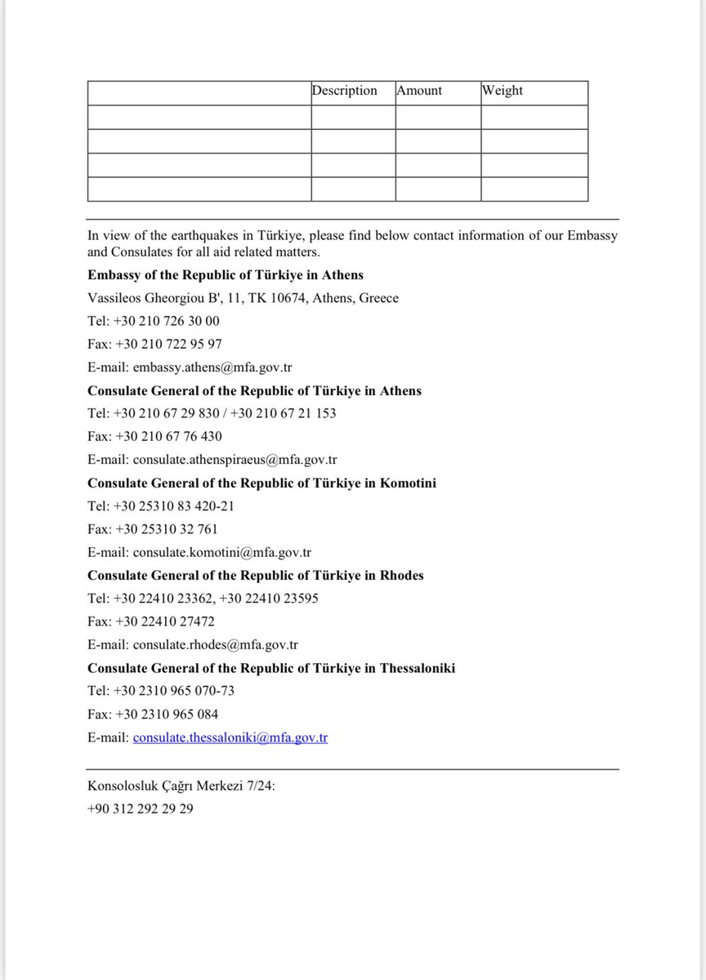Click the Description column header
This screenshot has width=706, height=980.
tap(344, 91)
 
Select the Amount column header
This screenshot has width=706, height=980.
tap(419, 91)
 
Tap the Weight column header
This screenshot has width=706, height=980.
tap(502, 91)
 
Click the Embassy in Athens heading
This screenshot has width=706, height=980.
tap(226, 275)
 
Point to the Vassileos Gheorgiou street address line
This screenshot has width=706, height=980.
tap(243, 298)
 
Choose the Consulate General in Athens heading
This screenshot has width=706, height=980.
tap(254, 390)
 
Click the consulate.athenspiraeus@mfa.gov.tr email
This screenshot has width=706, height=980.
tap(235, 460)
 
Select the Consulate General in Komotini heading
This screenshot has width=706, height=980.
tap(261, 483)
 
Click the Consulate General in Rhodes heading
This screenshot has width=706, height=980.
tap(255, 575)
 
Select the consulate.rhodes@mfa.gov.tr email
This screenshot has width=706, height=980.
tap(216, 644)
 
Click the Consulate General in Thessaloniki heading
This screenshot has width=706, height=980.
tap(271, 668)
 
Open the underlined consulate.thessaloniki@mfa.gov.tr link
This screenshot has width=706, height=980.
tap(230, 737)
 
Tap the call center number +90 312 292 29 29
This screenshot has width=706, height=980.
tap(141, 809)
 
